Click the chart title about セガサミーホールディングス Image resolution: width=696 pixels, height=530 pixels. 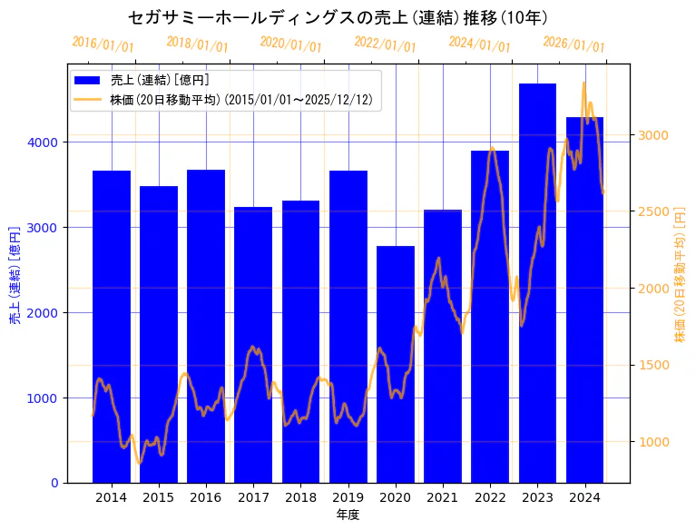tap(338, 17)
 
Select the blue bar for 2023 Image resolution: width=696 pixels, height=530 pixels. tap(537, 281)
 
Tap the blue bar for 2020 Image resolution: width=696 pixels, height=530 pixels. tap(396, 363)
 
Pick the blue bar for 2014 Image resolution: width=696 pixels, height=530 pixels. tap(112, 327)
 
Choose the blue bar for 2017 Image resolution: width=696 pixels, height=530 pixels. tap(253, 345)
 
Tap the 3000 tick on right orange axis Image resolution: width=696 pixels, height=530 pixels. tap(653, 135)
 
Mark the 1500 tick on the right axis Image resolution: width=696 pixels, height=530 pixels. tap(653, 365)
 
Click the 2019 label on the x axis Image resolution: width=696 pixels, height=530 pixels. tap(348, 497)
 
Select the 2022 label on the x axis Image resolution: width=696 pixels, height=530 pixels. tap(490, 497)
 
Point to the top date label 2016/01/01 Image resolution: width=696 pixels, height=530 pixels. tap(103, 44)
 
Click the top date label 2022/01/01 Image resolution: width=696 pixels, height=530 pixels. tap(385, 44)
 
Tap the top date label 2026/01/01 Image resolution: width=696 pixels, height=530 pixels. tap(573, 44)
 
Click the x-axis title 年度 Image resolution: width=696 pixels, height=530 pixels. tap(348, 515)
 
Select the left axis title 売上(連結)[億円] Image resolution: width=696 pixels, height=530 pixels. tap(15, 275)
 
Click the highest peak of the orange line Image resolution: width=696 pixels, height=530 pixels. tap(583, 83)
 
